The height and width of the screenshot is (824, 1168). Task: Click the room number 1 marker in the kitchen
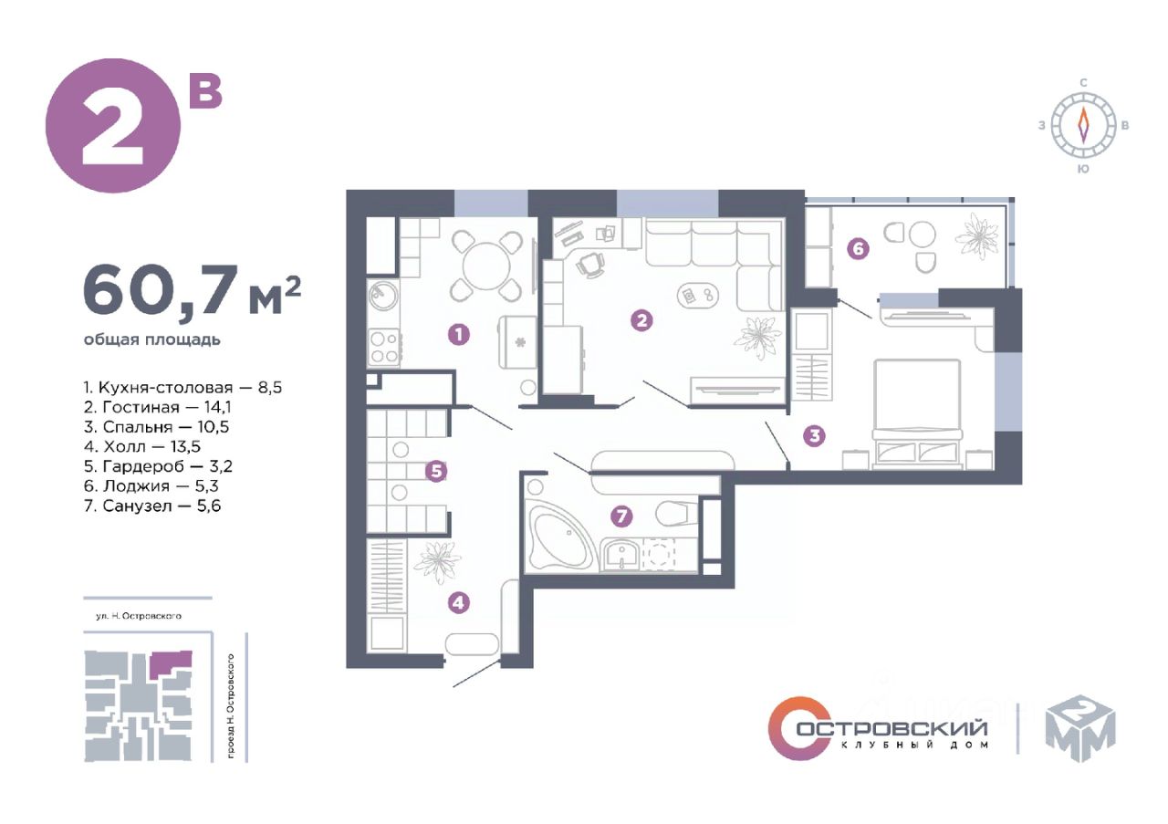click(459, 334)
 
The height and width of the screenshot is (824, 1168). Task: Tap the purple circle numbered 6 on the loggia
click(858, 248)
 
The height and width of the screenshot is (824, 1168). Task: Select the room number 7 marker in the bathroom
click(621, 516)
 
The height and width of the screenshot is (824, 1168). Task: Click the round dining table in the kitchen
click(486, 266)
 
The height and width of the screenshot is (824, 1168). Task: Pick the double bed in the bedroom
click(918, 412)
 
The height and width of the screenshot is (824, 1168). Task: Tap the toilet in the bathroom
click(676, 512)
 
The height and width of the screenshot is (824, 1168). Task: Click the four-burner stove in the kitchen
click(385, 347)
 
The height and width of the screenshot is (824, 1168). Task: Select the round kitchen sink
click(383, 297)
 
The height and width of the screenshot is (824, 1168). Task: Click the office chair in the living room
click(590, 264)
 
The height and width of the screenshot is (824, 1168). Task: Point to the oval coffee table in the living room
click(697, 296)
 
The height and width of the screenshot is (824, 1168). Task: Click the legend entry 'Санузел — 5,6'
click(152, 506)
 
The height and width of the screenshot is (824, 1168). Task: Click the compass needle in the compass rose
click(1083, 126)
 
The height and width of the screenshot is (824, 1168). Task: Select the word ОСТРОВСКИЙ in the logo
click(892, 727)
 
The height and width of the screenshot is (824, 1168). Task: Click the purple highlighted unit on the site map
click(170, 663)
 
